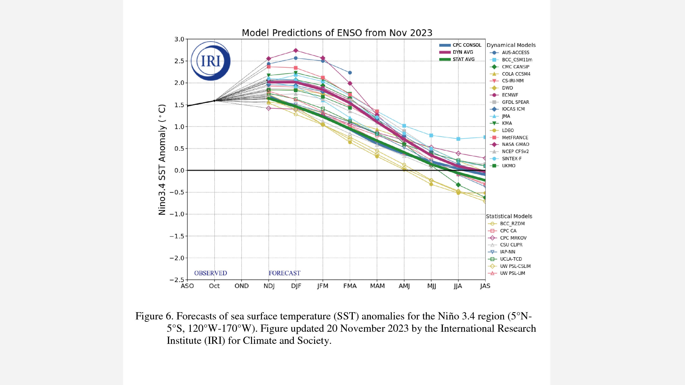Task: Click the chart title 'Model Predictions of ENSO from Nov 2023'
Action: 337,33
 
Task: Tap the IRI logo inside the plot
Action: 211,61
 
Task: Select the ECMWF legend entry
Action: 510,95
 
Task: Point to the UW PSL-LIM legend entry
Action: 512,273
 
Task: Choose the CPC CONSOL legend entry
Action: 467,45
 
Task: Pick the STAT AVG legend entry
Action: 463,59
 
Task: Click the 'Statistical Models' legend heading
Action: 509,216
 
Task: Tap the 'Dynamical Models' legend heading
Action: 511,45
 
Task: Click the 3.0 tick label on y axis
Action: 179,39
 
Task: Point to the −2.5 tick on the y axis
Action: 177,280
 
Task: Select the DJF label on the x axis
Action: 296,286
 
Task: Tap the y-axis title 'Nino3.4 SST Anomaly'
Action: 162,159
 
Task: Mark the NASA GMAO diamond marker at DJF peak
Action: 296,51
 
